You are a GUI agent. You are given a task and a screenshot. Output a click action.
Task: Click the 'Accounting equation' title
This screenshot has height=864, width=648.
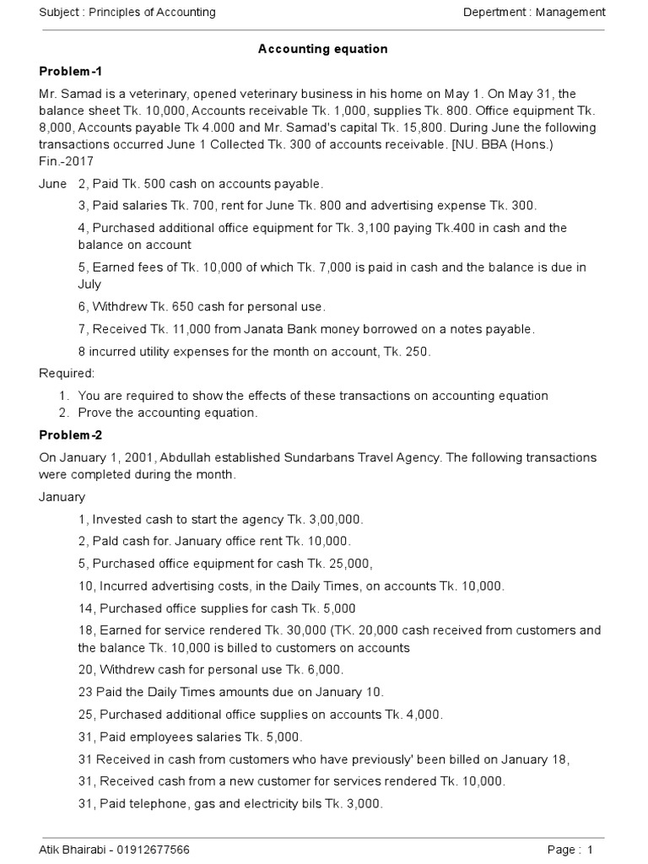click(322, 49)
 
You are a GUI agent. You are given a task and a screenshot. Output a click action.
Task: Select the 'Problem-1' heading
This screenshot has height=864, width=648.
click(70, 71)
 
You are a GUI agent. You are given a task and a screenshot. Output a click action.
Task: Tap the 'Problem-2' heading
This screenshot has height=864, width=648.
click(70, 435)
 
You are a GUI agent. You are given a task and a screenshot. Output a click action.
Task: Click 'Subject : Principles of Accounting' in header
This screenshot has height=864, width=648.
click(127, 12)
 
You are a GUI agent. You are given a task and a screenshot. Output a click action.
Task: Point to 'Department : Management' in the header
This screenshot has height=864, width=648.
click(534, 12)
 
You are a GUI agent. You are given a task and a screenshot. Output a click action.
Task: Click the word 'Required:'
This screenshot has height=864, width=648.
click(67, 373)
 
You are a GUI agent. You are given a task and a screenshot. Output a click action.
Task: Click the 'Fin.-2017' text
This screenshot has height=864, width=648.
click(67, 161)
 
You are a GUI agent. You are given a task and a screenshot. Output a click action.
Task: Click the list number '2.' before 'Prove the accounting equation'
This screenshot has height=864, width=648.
click(64, 413)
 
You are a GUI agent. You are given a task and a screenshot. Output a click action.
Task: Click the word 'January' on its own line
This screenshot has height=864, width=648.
click(62, 497)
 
